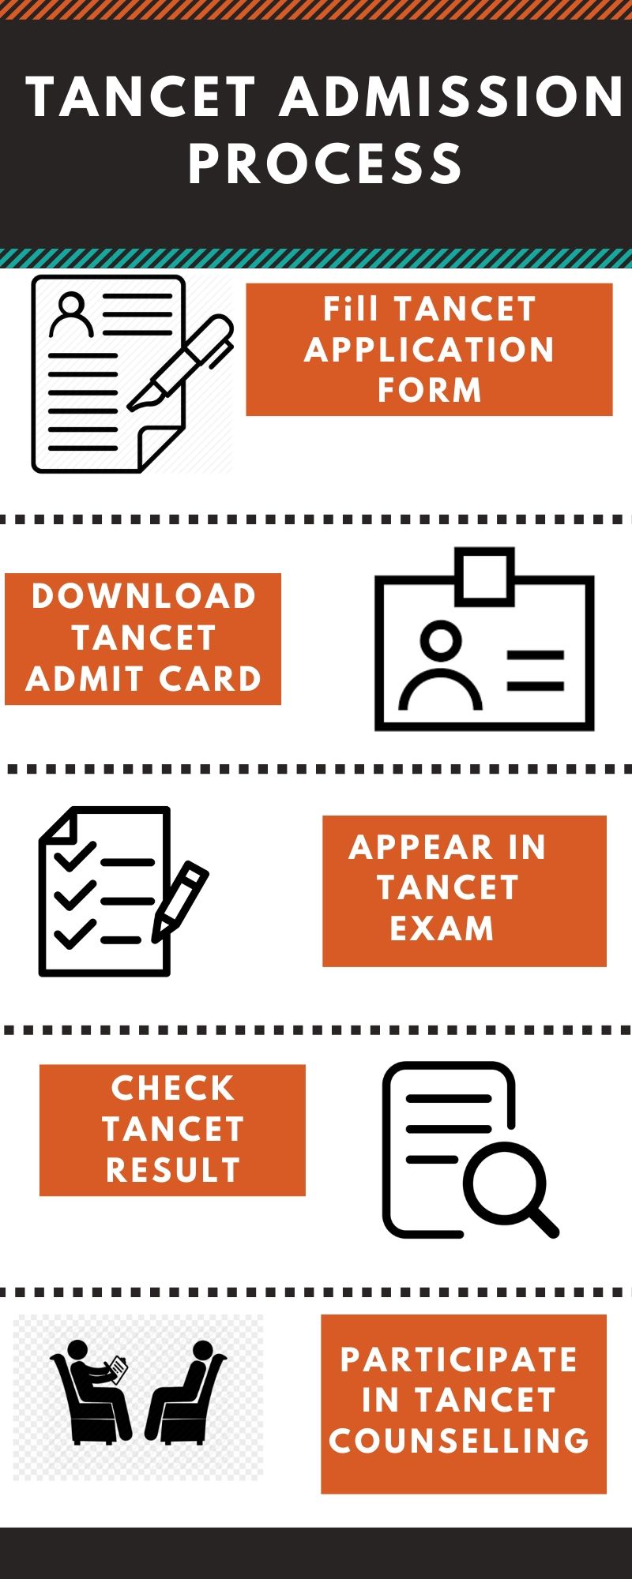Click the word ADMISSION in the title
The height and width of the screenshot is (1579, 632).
(452, 97)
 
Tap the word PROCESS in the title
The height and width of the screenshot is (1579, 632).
(325, 164)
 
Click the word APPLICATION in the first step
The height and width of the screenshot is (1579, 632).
(429, 350)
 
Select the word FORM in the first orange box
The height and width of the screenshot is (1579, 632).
(429, 390)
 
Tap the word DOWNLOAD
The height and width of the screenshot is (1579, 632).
(144, 597)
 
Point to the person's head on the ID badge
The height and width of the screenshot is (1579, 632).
(440, 638)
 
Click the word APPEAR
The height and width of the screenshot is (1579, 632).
(420, 847)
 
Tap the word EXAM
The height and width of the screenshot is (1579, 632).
(442, 928)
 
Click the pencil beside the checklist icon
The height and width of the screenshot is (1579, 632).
(180, 900)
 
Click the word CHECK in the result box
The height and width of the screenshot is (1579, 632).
(172, 1088)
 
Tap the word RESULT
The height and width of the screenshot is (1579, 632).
(172, 1170)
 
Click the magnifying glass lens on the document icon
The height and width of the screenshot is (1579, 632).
(504, 1182)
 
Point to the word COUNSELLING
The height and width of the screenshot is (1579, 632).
(459, 1441)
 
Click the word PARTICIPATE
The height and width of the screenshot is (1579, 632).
(459, 1360)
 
